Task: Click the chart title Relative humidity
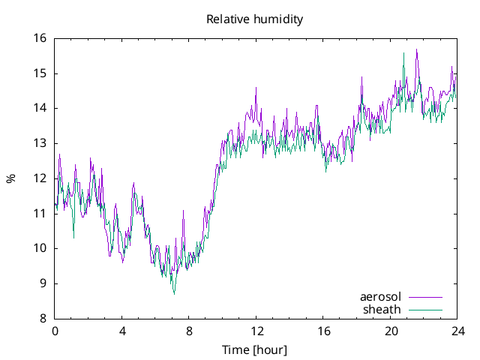coord(255,19)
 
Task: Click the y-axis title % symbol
coord(10,178)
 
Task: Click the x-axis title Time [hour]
coord(255,349)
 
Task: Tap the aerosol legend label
coord(380,297)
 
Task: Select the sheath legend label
coord(382,309)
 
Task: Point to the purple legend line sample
coord(424,297)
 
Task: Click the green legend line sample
coord(424,309)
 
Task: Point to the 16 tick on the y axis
coord(39,38)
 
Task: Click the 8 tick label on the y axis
coord(43,318)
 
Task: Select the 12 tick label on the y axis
coord(39,178)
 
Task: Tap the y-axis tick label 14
coord(39,108)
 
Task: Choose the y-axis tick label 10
coord(39,248)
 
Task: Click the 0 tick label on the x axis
coord(55,331)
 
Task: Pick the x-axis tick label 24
coord(457,331)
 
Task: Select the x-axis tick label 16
coord(323,331)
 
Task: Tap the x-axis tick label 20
coord(391,331)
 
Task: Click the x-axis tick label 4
coord(122,331)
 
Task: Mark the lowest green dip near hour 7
coord(174,293)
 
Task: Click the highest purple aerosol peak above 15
coord(417,49)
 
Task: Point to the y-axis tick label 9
coord(43,283)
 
